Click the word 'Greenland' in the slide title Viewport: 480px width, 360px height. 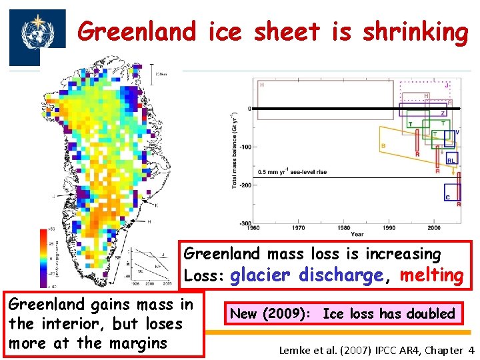pos(137,31)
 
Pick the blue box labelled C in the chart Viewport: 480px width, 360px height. pos(451,193)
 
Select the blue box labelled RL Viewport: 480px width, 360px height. pos(451,160)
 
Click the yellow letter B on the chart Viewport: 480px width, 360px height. pos(383,146)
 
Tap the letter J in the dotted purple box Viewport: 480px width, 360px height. pos(446,85)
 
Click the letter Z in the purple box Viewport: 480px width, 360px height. pos(443,113)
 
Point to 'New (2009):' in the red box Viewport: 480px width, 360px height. pos(271,313)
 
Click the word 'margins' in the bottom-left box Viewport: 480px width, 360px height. pos(141,343)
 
